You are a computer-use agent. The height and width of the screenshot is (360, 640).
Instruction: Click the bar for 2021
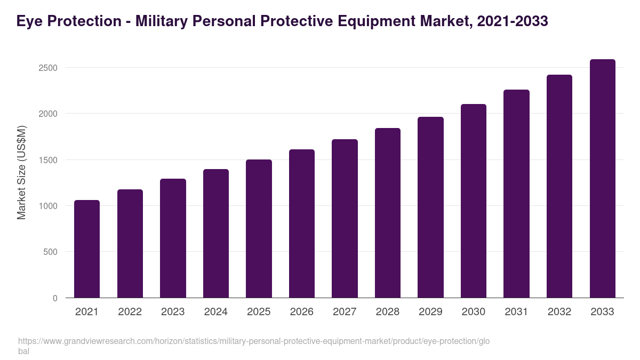(x=87, y=249)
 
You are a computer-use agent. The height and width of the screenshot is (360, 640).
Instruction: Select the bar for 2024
(x=216, y=234)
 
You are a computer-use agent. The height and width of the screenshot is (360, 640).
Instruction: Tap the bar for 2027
(x=345, y=219)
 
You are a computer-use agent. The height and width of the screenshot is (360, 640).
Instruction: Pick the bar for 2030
(x=474, y=201)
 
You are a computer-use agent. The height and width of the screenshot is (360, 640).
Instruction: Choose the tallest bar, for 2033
(x=602, y=179)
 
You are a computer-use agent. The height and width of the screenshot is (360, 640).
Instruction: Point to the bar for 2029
(x=430, y=207)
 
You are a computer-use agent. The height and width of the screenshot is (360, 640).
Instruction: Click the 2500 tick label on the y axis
(x=47, y=68)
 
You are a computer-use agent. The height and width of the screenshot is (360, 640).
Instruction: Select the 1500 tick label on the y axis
(x=47, y=160)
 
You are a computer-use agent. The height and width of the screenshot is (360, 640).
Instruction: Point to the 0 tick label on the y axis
(x=55, y=298)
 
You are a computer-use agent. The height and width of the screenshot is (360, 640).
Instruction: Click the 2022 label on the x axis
(x=130, y=312)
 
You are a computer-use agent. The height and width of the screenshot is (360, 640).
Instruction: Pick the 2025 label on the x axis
(x=259, y=312)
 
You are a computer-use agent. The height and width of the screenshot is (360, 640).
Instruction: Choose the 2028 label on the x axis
(x=388, y=312)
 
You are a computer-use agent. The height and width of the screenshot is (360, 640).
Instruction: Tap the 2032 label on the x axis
(x=559, y=312)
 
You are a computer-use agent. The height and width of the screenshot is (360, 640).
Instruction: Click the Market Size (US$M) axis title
(x=21, y=172)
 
